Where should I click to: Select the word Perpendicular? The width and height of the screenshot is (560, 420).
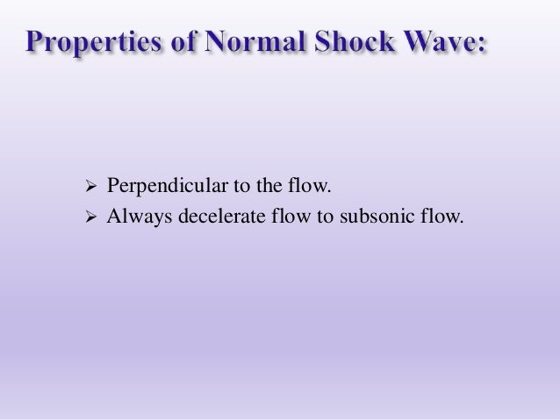coord(155,187)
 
